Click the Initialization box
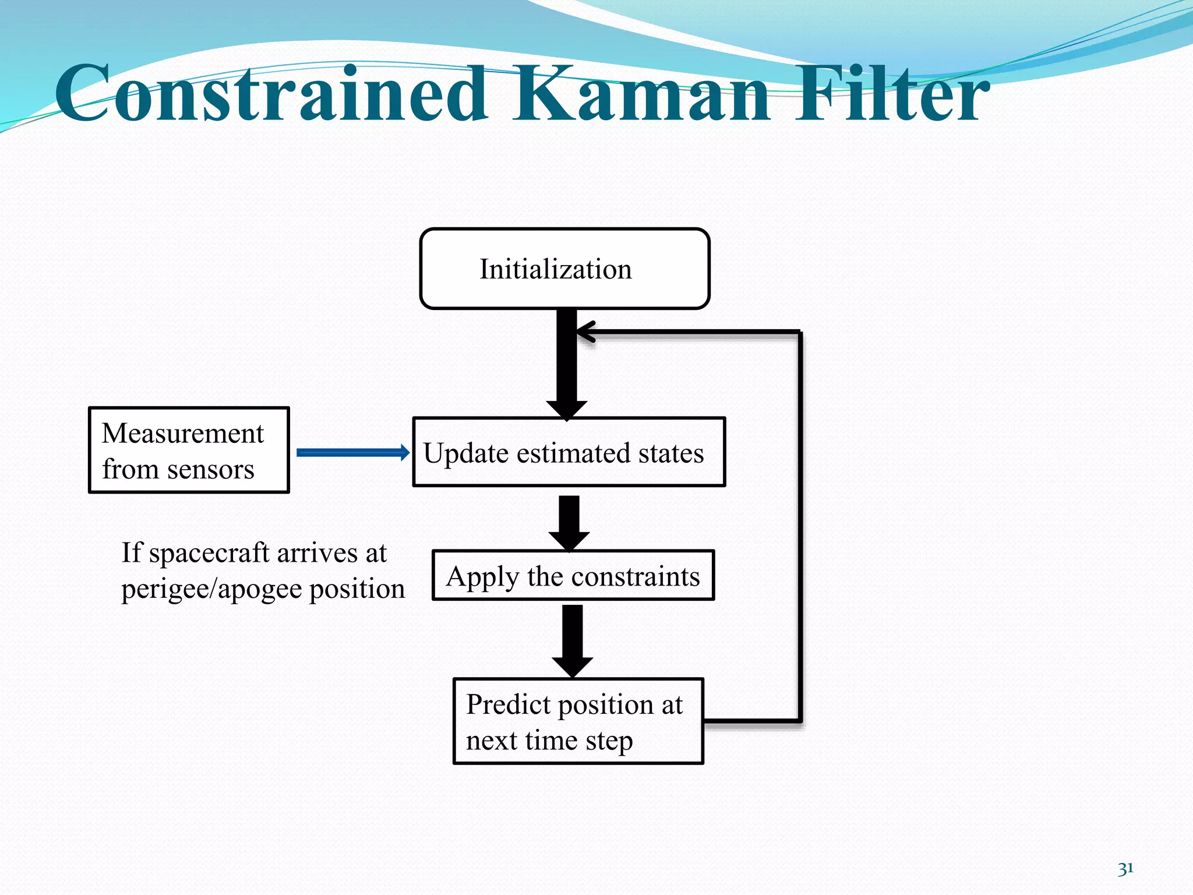(564, 269)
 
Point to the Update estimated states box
(569, 452)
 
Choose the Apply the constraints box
(573, 576)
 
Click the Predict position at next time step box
(578, 721)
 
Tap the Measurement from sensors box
(189, 450)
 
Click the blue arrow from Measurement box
(352, 453)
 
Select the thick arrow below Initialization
(567, 361)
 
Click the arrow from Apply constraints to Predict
(573, 638)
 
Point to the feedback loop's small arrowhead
(585, 332)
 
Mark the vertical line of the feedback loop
(800, 524)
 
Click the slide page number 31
(1125, 869)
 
